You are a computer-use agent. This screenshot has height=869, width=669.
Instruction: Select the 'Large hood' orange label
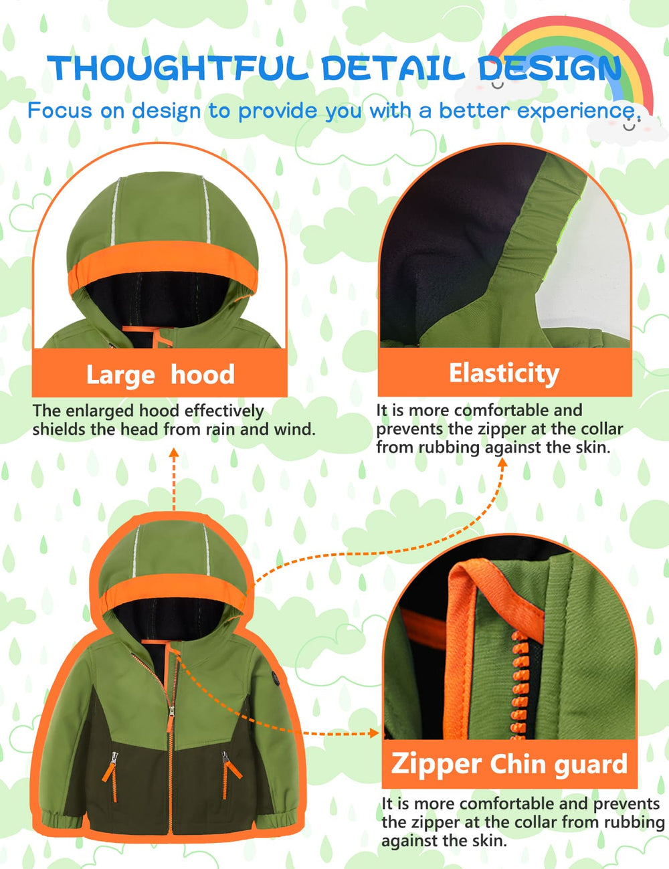[160, 374]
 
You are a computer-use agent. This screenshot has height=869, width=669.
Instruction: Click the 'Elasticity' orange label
[504, 373]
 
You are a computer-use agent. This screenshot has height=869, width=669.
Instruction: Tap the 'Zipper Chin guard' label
[509, 763]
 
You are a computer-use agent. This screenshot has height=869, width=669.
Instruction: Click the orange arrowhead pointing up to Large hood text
[173, 453]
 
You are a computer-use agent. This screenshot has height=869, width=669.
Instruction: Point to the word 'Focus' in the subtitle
[60, 110]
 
